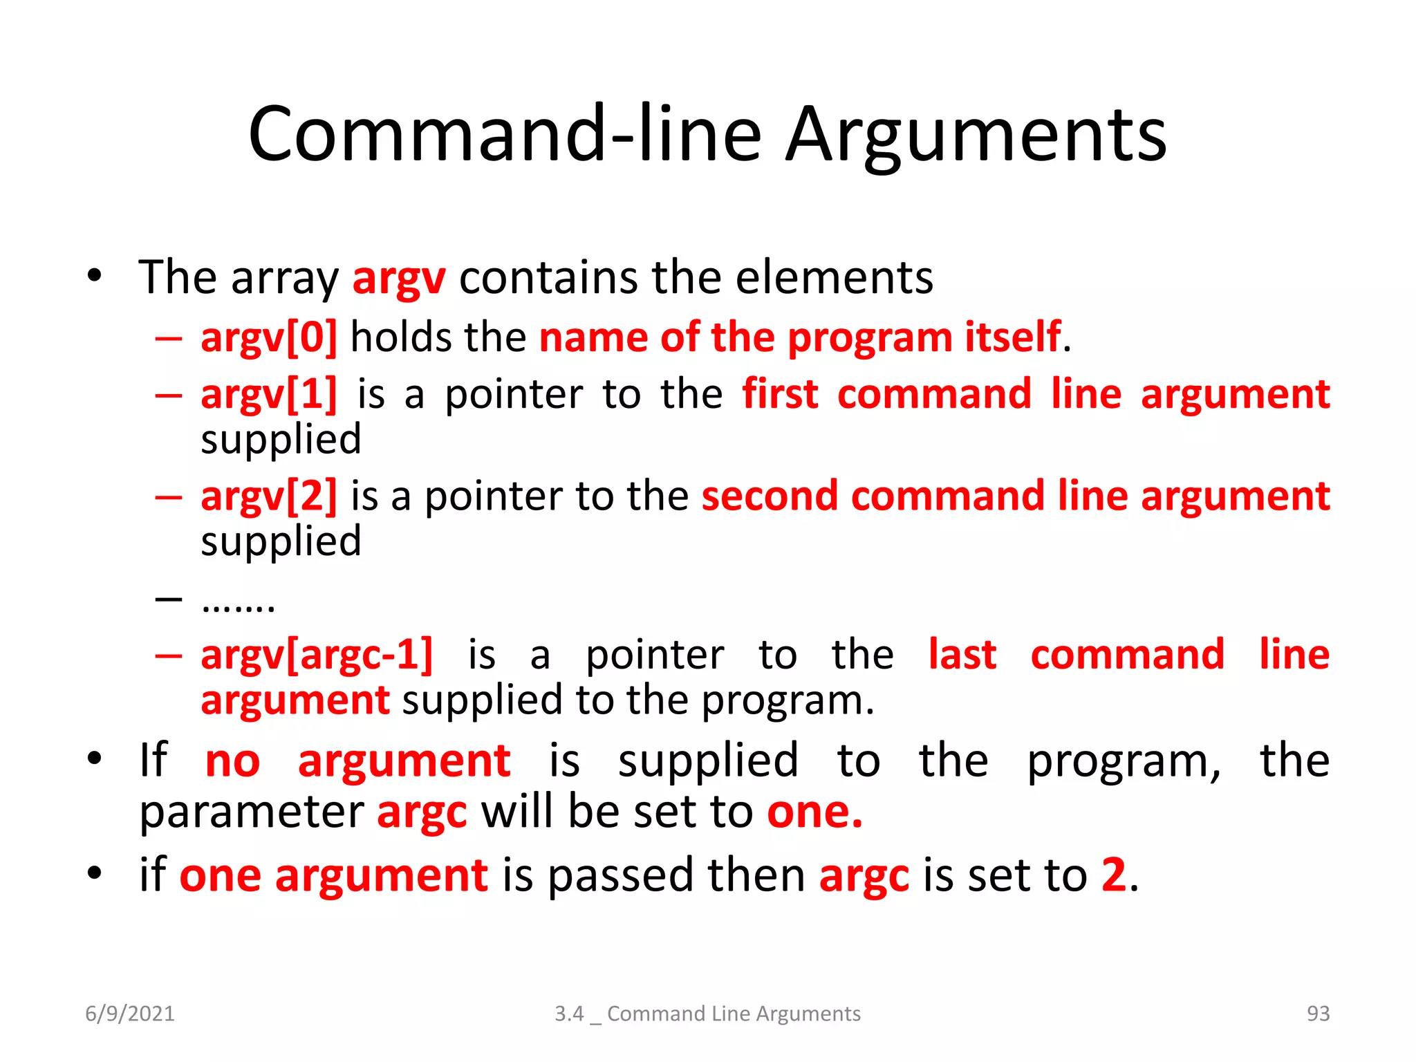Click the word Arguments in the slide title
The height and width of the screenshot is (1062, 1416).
point(976,135)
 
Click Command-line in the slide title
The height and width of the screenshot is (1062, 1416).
point(505,135)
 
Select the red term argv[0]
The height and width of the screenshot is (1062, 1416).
point(269,337)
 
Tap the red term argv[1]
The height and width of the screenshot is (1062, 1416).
point(269,395)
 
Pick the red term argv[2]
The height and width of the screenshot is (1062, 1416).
point(269,496)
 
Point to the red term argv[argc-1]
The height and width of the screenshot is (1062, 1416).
point(317,654)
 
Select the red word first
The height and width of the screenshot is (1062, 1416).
point(780,394)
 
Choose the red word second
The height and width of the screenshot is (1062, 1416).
point(770,496)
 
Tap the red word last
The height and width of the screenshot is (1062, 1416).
point(962,654)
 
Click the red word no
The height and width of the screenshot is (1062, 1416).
point(232,761)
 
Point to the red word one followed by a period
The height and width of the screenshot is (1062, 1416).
point(814,812)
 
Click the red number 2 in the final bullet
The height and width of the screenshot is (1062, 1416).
point(1113,875)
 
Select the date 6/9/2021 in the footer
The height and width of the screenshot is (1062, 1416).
point(130,1014)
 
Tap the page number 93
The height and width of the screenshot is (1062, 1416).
point(1318,1014)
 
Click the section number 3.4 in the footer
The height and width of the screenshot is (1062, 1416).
point(569,1014)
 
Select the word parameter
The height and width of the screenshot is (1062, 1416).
point(252,813)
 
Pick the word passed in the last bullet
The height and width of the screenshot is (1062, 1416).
point(620,875)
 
